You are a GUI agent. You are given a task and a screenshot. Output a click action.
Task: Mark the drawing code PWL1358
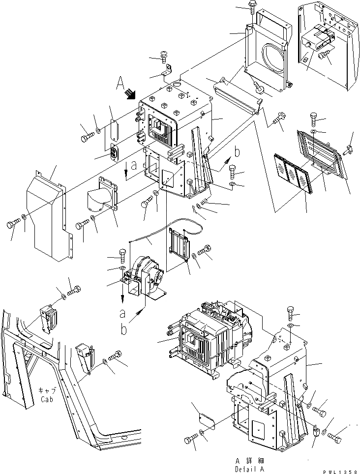tap(340, 471)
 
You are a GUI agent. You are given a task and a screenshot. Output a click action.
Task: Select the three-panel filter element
tap(293, 178)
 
